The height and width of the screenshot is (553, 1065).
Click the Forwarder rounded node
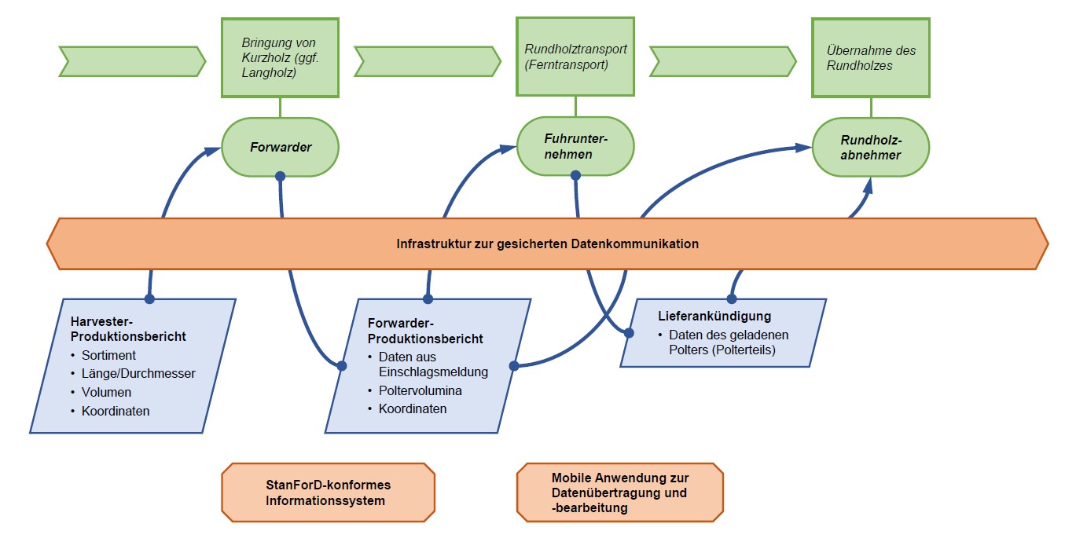point(280,147)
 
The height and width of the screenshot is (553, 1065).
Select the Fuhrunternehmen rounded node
point(575,147)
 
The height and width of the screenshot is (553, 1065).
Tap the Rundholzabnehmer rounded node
point(870,148)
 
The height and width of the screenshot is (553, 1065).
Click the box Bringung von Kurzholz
point(280,57)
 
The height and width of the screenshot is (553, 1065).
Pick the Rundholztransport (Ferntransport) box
point(575,57)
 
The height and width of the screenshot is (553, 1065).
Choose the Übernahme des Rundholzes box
point(870,58)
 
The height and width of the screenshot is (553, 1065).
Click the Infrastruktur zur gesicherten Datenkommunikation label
point(547,244)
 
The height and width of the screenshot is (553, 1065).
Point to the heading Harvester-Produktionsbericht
point(127,328)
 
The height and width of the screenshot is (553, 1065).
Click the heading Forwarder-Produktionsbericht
point(425,331)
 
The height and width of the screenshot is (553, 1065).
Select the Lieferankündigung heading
point(714,317)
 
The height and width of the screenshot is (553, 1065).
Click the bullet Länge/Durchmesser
point(138,373)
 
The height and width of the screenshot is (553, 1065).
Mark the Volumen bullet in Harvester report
point(106,392)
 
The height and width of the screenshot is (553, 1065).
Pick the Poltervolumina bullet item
point(420,390)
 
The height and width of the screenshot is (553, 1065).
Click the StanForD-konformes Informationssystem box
point(328,493)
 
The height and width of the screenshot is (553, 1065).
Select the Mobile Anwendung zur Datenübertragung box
point(620,493)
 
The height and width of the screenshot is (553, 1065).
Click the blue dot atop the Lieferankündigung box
point(732,298)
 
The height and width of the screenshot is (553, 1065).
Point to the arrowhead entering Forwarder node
point(214,149)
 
